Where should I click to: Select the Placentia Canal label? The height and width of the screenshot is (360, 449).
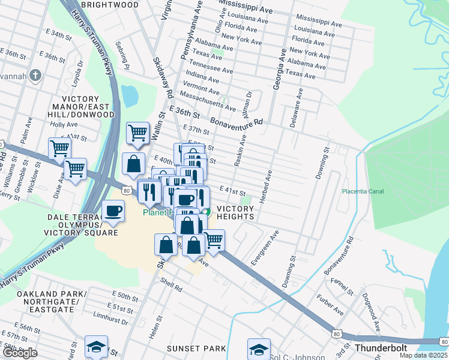click(362, 191)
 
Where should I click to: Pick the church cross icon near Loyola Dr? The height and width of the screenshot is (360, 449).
click(35, 76)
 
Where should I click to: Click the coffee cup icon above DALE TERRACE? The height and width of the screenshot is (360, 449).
click(113, 211)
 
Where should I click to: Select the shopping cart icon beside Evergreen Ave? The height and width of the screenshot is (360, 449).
click(213, 239)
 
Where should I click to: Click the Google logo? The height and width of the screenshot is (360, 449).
click(19, 353)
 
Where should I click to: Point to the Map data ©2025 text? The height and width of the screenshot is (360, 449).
click(424, 356)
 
